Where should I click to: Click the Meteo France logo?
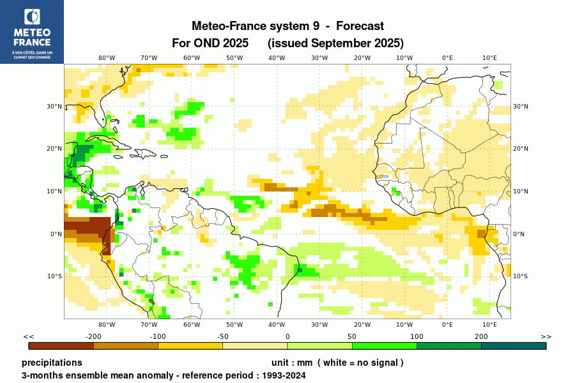(32, 31)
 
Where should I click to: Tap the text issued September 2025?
(335, 43)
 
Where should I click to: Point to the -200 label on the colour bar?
(94, 336)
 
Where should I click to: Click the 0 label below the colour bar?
(287, 336)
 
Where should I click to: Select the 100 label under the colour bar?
(417, 336)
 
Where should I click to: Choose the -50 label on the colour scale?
(222, 336)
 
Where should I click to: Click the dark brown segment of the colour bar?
(61, 345)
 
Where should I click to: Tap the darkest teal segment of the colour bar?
(514, 345)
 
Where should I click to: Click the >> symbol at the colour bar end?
(546, 336)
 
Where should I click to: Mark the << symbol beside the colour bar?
(29, 336)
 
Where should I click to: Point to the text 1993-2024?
(284, 375)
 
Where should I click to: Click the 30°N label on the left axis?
(55, 107)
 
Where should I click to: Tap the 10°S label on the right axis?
(521, 276)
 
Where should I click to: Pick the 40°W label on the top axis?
(277, 57)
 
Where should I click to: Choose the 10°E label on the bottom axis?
(489, 324)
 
